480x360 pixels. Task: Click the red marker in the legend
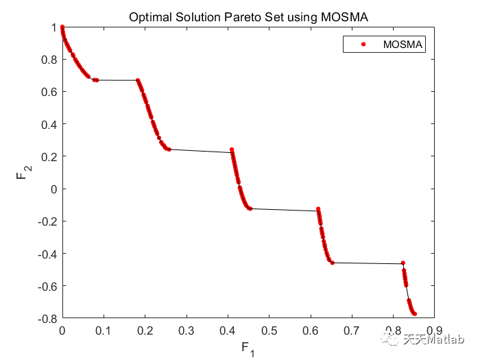pos(357,45)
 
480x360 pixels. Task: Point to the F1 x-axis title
pos(247,348)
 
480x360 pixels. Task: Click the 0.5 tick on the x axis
pos(269,331)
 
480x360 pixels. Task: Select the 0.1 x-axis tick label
pos(103,331)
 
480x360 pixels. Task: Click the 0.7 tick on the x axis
pos(351,331)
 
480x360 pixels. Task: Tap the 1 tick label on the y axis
pos(52,27)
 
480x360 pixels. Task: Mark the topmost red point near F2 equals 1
pos(62,27)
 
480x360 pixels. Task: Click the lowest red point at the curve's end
pos(414,313)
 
